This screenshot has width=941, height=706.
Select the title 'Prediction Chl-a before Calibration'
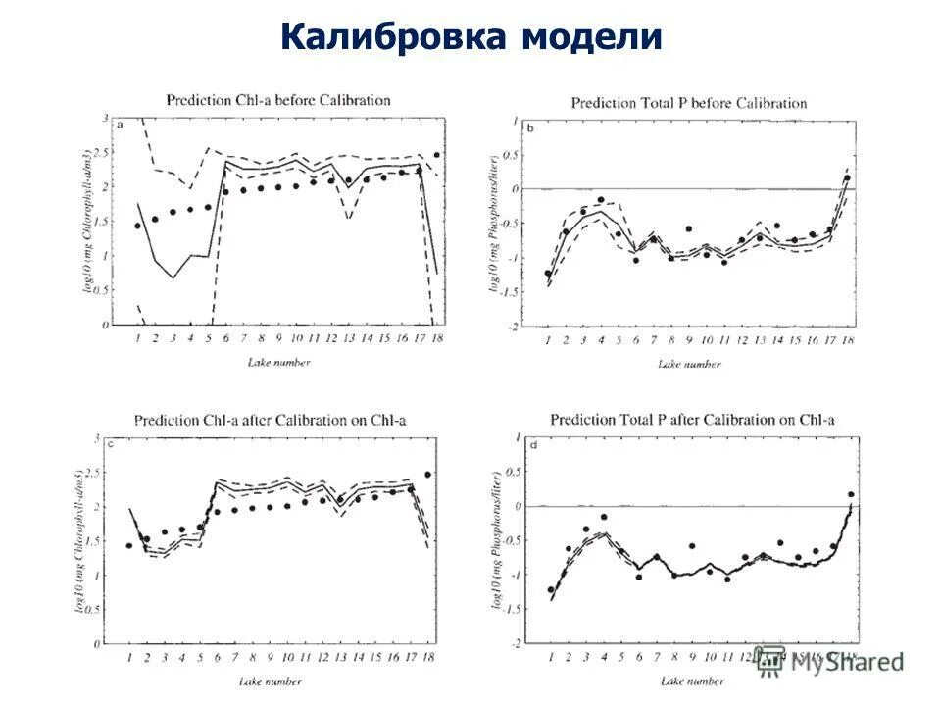(277, 100)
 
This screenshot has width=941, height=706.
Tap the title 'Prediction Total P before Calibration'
(688, 103)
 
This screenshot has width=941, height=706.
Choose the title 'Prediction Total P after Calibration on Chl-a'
(692, 420)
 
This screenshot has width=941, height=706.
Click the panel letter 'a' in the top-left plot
(120, 126)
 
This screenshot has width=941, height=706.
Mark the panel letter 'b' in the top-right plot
(530, 128)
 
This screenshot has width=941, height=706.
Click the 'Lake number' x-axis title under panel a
(278, 363)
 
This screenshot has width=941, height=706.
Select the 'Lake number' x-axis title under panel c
(271, 680)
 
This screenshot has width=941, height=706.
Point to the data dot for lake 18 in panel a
(436, 155)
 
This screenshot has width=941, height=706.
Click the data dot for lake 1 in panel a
(137, 226)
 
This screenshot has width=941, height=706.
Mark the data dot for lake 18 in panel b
(846, 178)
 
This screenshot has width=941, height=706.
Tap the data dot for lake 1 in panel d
(551, 590)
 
